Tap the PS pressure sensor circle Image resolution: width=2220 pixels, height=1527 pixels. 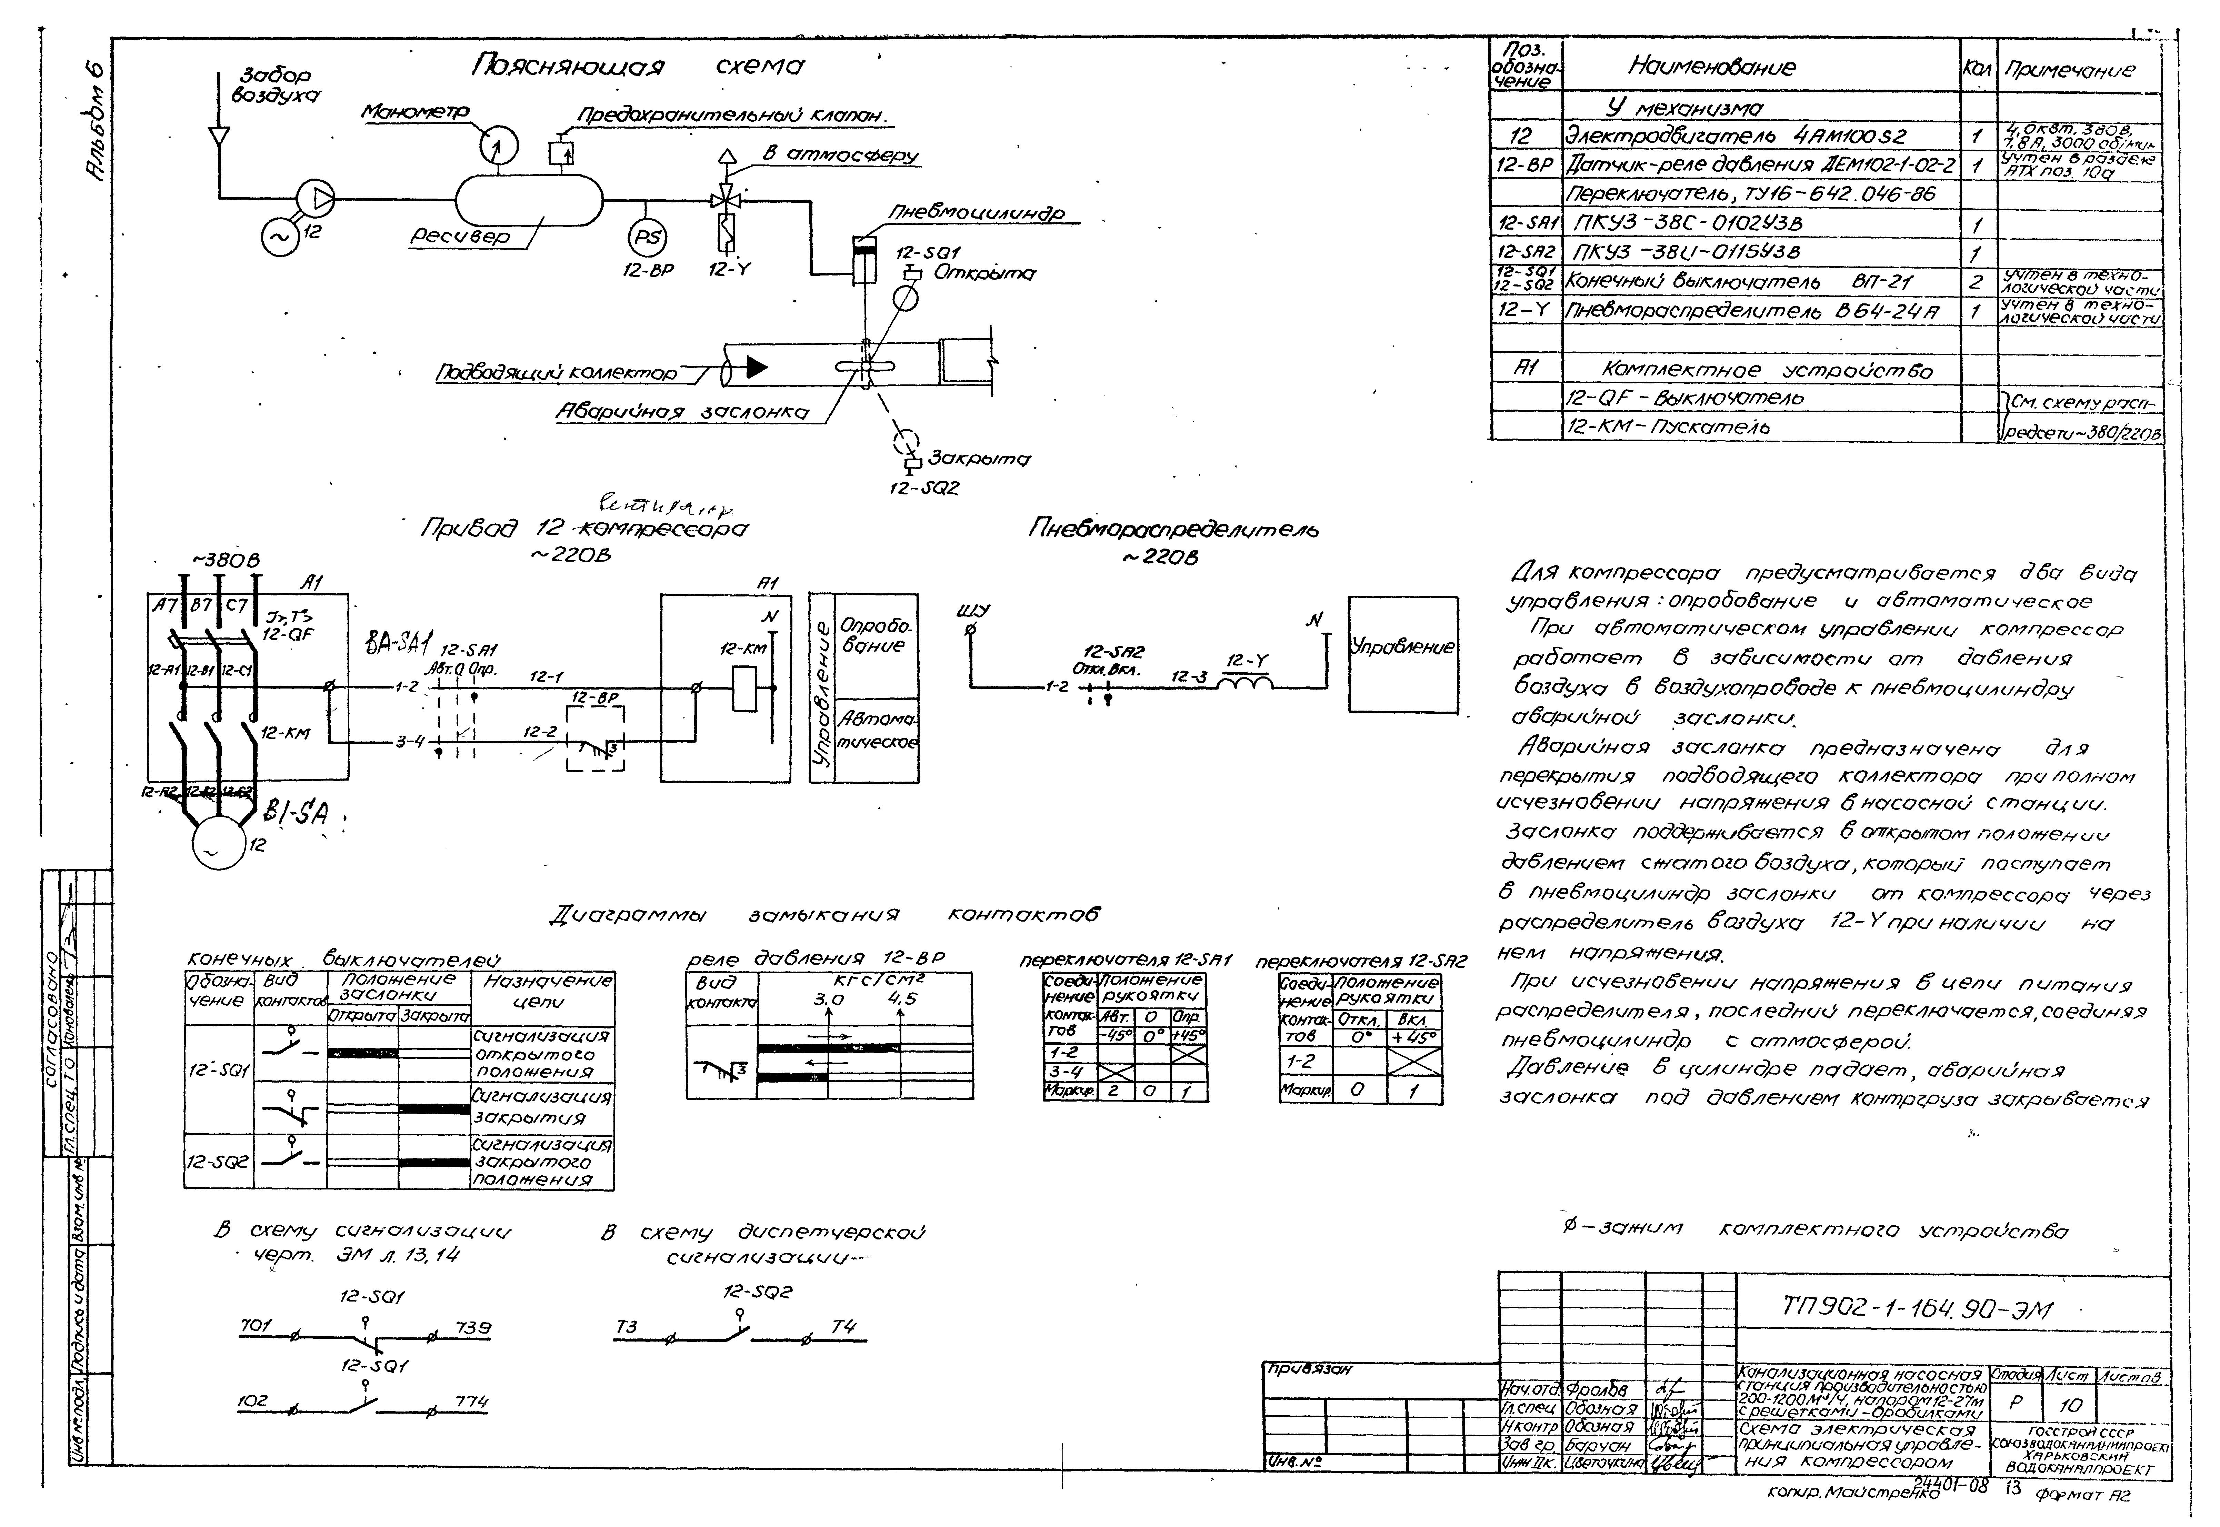click(x=647, y=238)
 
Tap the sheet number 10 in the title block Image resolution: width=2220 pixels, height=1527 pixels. click(x=2071, y=1406)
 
